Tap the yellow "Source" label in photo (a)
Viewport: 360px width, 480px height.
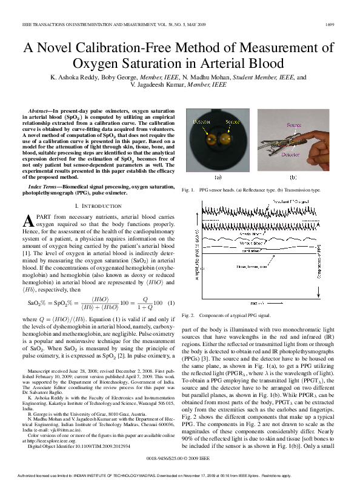click(233, 122)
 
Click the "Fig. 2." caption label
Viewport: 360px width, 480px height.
click(188, 316)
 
